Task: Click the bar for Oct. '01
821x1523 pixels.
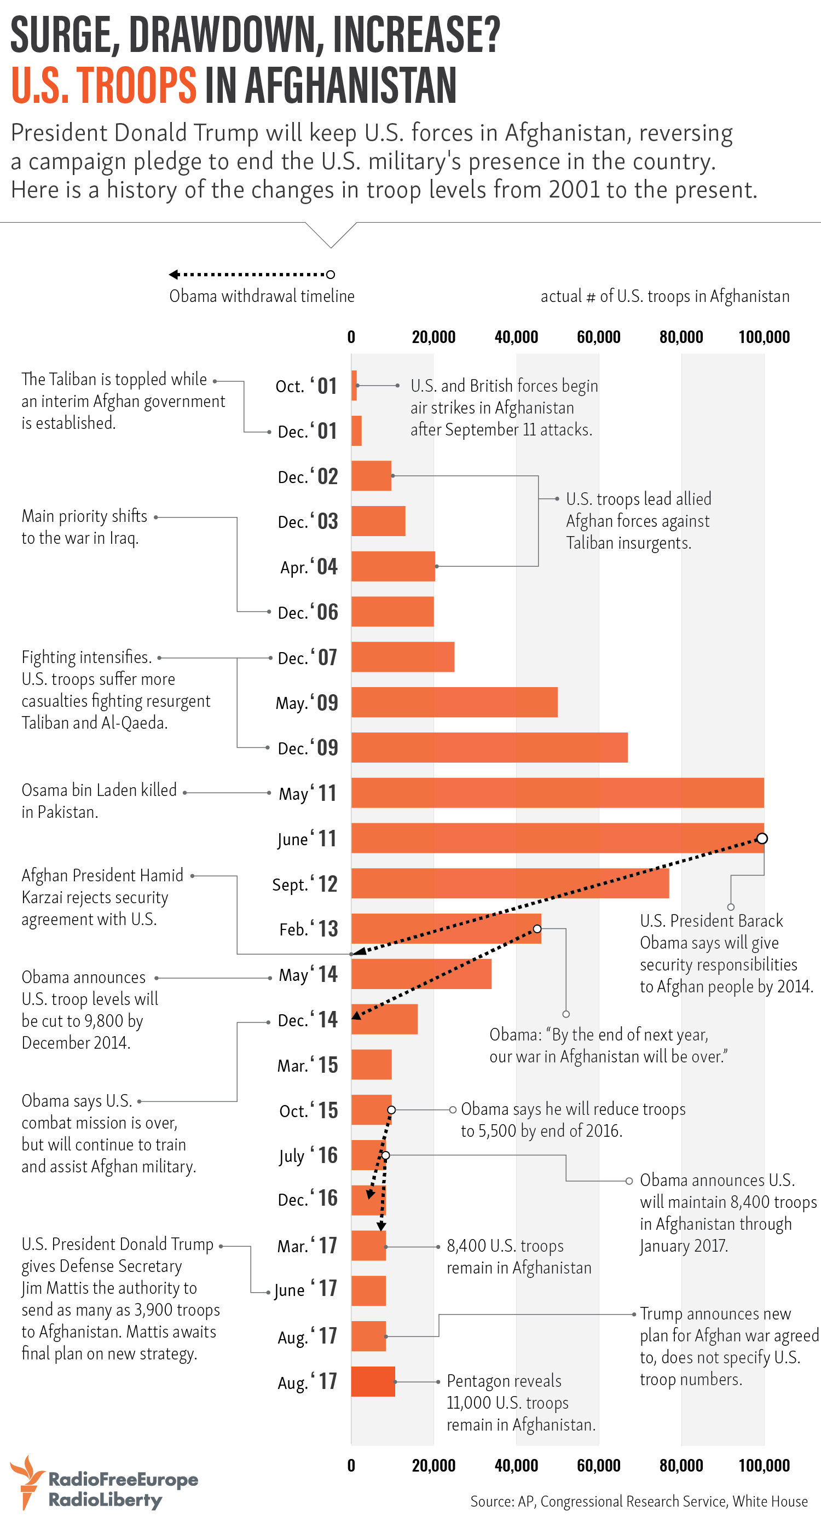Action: [x=354, y=386]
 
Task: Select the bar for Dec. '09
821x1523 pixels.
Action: [x=489, y=747]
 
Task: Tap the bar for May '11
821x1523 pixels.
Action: [x=557, y=793]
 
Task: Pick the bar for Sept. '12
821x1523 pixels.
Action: [x=510, y=883]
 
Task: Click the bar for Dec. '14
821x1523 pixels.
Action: [x=384, y=1019]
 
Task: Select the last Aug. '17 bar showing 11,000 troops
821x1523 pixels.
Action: [x=373, y=1382]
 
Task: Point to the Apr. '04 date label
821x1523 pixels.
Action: [x=309, y=567]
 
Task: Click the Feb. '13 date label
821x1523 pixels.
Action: [x=308, y=929]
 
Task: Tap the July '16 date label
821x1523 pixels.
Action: [x=308, y=1155]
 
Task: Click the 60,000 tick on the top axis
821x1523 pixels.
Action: [x=599, y=338]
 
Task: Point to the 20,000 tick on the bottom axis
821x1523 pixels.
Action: [x=433, y=1466]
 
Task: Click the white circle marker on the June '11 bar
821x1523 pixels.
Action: [x=762, y=838]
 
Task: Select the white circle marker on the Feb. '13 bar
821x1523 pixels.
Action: [x=537, y=929]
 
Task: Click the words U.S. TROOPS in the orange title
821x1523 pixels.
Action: [x=103, y=85]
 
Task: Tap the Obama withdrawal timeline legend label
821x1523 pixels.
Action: [x=262, y=296]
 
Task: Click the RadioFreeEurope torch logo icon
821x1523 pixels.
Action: [x=27, y=1481]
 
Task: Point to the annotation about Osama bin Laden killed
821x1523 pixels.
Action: [x=99, y=800]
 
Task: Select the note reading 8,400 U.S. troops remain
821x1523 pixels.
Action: [x=519, y=1257]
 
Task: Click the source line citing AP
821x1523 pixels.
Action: [x=639, y=1501]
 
